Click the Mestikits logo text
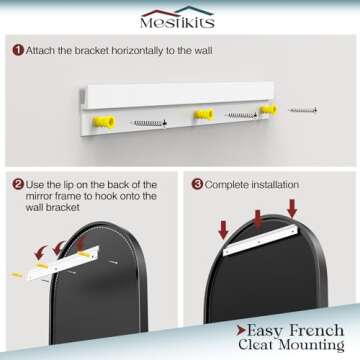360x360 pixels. pyautogui.click(x=177, y=22)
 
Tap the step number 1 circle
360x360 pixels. pyautogui.click(x=18, y=50)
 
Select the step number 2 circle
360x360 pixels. pyautogui.click(x=18, y=184)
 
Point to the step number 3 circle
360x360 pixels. pyautogui.click(x=197, y=184)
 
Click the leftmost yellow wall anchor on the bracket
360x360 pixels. pyautogui.click(x=104, y=122)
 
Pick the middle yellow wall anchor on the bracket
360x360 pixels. pyautogui.click(x=203, y=115)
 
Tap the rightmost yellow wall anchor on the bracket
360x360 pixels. pyautogui.click(x=268, y=109)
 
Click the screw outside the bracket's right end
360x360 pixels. pyautogui.click(x=302, y=110)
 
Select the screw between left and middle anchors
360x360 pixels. pyautogui.click(x=148, y=124)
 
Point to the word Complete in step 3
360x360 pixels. pyautogui.click(x=227, y=185)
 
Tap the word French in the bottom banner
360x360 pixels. pyautogui.click(x=317, y=330)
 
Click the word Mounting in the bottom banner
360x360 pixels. pyautogui.click(x=312, y=345)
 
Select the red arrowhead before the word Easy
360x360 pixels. pyautogui.click(x=241, y=331)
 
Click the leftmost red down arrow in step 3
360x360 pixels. pyautogui.click(x=223, y=230)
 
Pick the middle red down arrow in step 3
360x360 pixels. pyautogui.click(x=258, y=220)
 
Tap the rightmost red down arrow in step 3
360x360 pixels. pyautogui.click(x=292, y=209)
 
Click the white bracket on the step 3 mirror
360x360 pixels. pyautogui.click(x=260, y=240)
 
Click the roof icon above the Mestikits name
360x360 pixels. pyautogui.click(x=177, y=12)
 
